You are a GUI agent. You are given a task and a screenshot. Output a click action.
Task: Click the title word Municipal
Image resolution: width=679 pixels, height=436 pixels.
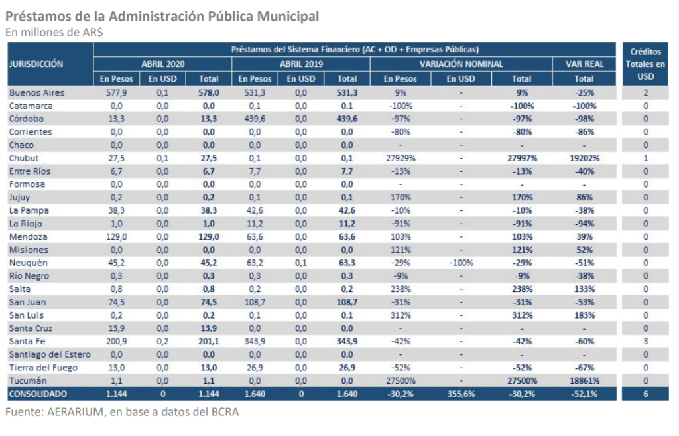coord(288,17)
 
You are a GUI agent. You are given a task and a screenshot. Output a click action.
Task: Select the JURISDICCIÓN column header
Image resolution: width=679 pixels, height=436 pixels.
coord(36,64)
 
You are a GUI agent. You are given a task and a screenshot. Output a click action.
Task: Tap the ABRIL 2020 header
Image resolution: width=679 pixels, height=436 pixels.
coord(163,64)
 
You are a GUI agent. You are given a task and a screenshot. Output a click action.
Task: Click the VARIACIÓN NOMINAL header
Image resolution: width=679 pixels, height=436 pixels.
coord(462,64)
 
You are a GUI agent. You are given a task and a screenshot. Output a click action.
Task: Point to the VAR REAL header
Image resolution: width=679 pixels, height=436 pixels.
coord(584,64)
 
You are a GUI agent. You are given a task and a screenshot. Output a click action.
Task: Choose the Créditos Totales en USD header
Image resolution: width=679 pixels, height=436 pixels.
coord(645,64)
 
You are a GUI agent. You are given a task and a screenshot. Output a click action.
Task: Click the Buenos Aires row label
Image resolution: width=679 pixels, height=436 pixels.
coord(37,93)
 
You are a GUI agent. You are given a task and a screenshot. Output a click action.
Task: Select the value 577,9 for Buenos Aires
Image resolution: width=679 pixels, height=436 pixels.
coord(117,93)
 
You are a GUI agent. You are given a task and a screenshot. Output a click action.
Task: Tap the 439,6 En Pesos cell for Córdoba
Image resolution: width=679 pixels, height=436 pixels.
coord(255,119)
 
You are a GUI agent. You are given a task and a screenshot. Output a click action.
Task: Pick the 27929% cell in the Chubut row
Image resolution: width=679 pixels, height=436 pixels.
coord(401,158)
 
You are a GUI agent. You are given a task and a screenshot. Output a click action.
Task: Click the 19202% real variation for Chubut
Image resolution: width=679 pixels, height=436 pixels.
coord(584,158)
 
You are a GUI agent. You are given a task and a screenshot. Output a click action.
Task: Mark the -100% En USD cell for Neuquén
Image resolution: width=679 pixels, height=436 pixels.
coord(462,263)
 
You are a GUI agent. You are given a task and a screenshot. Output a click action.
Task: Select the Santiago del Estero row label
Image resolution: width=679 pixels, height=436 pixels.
coord(50,354)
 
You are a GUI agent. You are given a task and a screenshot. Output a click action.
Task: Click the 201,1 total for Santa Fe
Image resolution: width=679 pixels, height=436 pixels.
coord(209,342)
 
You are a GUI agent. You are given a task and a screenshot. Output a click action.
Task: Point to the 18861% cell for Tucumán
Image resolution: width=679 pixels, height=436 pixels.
coord(584,380)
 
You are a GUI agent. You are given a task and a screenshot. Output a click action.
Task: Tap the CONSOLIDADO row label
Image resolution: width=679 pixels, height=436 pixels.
coord(38,394)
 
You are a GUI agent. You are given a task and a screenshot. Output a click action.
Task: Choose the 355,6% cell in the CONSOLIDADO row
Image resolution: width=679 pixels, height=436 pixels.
coord(462,394)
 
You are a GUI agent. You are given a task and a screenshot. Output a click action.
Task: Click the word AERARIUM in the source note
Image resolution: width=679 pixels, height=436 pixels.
coord(76,411)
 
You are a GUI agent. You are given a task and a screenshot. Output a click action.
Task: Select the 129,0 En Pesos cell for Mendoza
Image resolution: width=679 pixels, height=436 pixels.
coord(117,237)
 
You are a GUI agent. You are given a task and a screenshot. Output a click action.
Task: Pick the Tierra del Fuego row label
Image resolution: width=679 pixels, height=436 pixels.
coord(43,368)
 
